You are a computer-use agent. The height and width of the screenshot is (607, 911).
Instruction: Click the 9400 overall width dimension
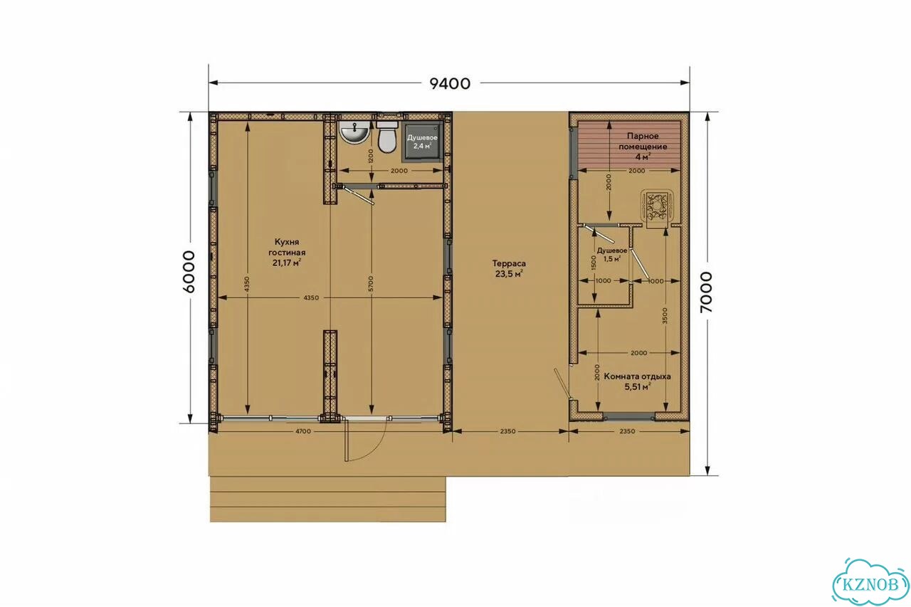click(450, 83)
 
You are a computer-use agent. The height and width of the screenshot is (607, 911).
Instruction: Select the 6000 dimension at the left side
click(189, 272)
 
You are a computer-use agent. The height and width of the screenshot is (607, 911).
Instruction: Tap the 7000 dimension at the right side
click(707, 292)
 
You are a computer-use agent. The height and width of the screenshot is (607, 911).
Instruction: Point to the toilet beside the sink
click(386, 137)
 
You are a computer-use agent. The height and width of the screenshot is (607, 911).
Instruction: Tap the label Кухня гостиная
click(287, 247)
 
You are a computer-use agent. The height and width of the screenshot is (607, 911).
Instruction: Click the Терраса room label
click(509, 263)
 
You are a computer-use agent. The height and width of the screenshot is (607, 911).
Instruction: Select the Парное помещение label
click(643, 141)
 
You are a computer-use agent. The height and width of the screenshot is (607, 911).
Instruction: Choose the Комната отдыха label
click(637, 376)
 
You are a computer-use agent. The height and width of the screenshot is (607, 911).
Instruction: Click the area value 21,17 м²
click(287, 263)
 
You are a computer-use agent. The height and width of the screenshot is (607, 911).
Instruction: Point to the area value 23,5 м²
click(509, 274)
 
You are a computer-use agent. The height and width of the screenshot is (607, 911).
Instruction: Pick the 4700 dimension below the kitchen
click(302, 431)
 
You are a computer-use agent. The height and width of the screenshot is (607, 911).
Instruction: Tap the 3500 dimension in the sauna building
click(665, 315)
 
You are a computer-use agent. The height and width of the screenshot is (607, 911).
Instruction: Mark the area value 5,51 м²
click(637, 386)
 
